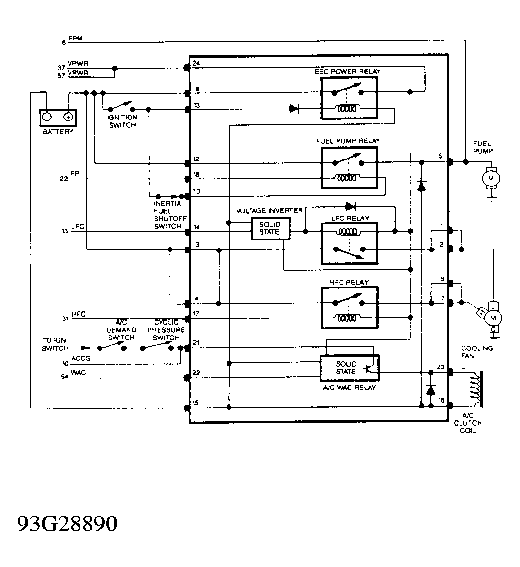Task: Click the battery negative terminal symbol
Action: click(47, 117)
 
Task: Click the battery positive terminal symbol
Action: click(68, 117)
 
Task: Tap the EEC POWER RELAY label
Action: click(348, 71)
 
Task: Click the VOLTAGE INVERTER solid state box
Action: click(270, 229)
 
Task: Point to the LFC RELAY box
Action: click(349, 243)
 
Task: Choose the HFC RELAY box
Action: click(349, 308)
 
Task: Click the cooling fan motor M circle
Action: click(494, 317)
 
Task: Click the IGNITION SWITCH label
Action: click(123, 121)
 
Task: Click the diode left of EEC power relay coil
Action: click(294, 109)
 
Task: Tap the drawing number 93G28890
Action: click(67, 524)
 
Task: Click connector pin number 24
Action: click(196, 63)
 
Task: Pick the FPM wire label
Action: click(76, 39)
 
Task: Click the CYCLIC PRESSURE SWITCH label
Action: click(166, 330)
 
